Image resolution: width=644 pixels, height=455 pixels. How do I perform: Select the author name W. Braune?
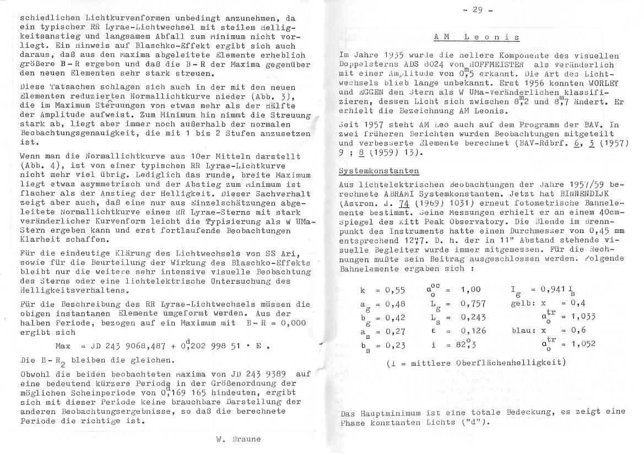click(x=237, y=440)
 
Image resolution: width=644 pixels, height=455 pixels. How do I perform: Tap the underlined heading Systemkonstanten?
click(x=378, y=171)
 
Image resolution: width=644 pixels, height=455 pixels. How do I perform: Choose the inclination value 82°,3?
click(x=470, y=344)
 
